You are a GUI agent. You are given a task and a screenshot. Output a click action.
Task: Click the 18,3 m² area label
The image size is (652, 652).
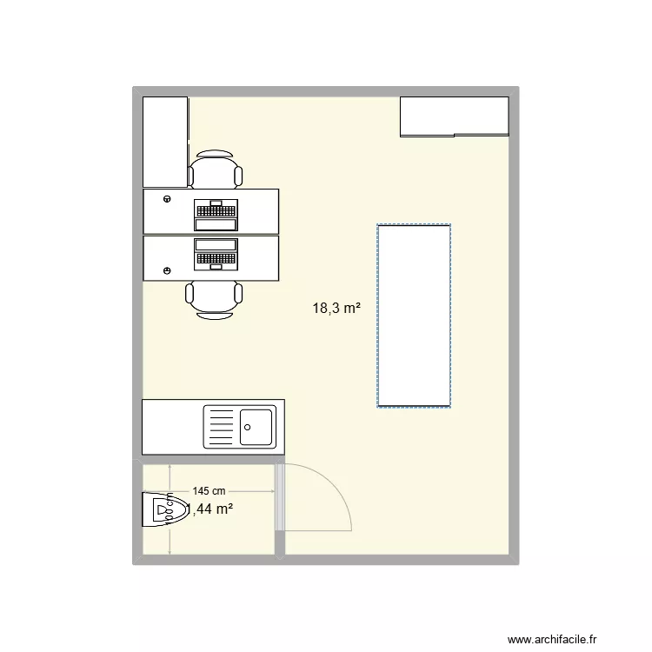[337, 307]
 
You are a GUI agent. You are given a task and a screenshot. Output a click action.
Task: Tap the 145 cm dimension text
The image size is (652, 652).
[209, 491]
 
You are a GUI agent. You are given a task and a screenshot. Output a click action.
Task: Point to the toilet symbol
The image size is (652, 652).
[165, 509]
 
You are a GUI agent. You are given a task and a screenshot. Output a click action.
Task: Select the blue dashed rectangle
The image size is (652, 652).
[414, 316]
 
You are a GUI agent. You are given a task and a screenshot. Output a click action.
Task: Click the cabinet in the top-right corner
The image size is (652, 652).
[454, 116]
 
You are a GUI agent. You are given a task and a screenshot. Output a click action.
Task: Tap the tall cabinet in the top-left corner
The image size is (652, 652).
[165, 141]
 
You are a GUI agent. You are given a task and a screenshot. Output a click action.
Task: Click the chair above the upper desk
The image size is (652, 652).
[215, 170]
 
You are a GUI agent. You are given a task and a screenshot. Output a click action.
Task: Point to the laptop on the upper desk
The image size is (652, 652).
[216, 210]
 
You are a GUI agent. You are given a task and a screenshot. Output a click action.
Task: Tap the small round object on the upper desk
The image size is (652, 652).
[166, 200]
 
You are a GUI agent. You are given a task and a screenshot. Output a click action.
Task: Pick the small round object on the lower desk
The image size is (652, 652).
[166, 271]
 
